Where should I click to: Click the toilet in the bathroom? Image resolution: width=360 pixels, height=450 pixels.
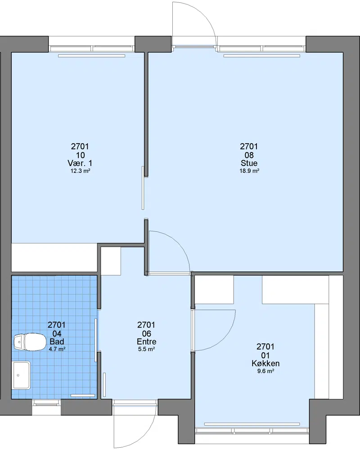coord(30,342)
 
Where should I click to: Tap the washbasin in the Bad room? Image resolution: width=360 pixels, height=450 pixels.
coord(21,375)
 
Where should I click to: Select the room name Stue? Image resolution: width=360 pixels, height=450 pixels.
coord(249,163)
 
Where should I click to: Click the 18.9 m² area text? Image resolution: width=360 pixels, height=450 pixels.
coord(249,171)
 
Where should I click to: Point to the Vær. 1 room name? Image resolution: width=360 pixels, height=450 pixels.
coord(80,163)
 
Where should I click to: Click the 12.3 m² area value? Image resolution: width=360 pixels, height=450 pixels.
coord(81,171)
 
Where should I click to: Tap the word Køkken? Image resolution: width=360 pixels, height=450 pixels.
coord(265,363)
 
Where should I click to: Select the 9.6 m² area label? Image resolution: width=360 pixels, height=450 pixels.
coord(265,371)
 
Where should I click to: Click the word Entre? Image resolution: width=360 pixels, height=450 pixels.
coord(146,342)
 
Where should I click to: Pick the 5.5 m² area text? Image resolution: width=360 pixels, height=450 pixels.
coord(146,349)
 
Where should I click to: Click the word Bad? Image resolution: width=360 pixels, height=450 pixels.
coord(57,342)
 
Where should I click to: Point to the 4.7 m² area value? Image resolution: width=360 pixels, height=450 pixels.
coord(57,349)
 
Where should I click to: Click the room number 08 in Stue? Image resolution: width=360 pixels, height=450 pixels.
coord(249,155)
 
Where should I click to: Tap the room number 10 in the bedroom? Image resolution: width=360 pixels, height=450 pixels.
coord(81,155)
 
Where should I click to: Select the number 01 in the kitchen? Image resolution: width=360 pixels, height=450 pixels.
coord(265,355)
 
